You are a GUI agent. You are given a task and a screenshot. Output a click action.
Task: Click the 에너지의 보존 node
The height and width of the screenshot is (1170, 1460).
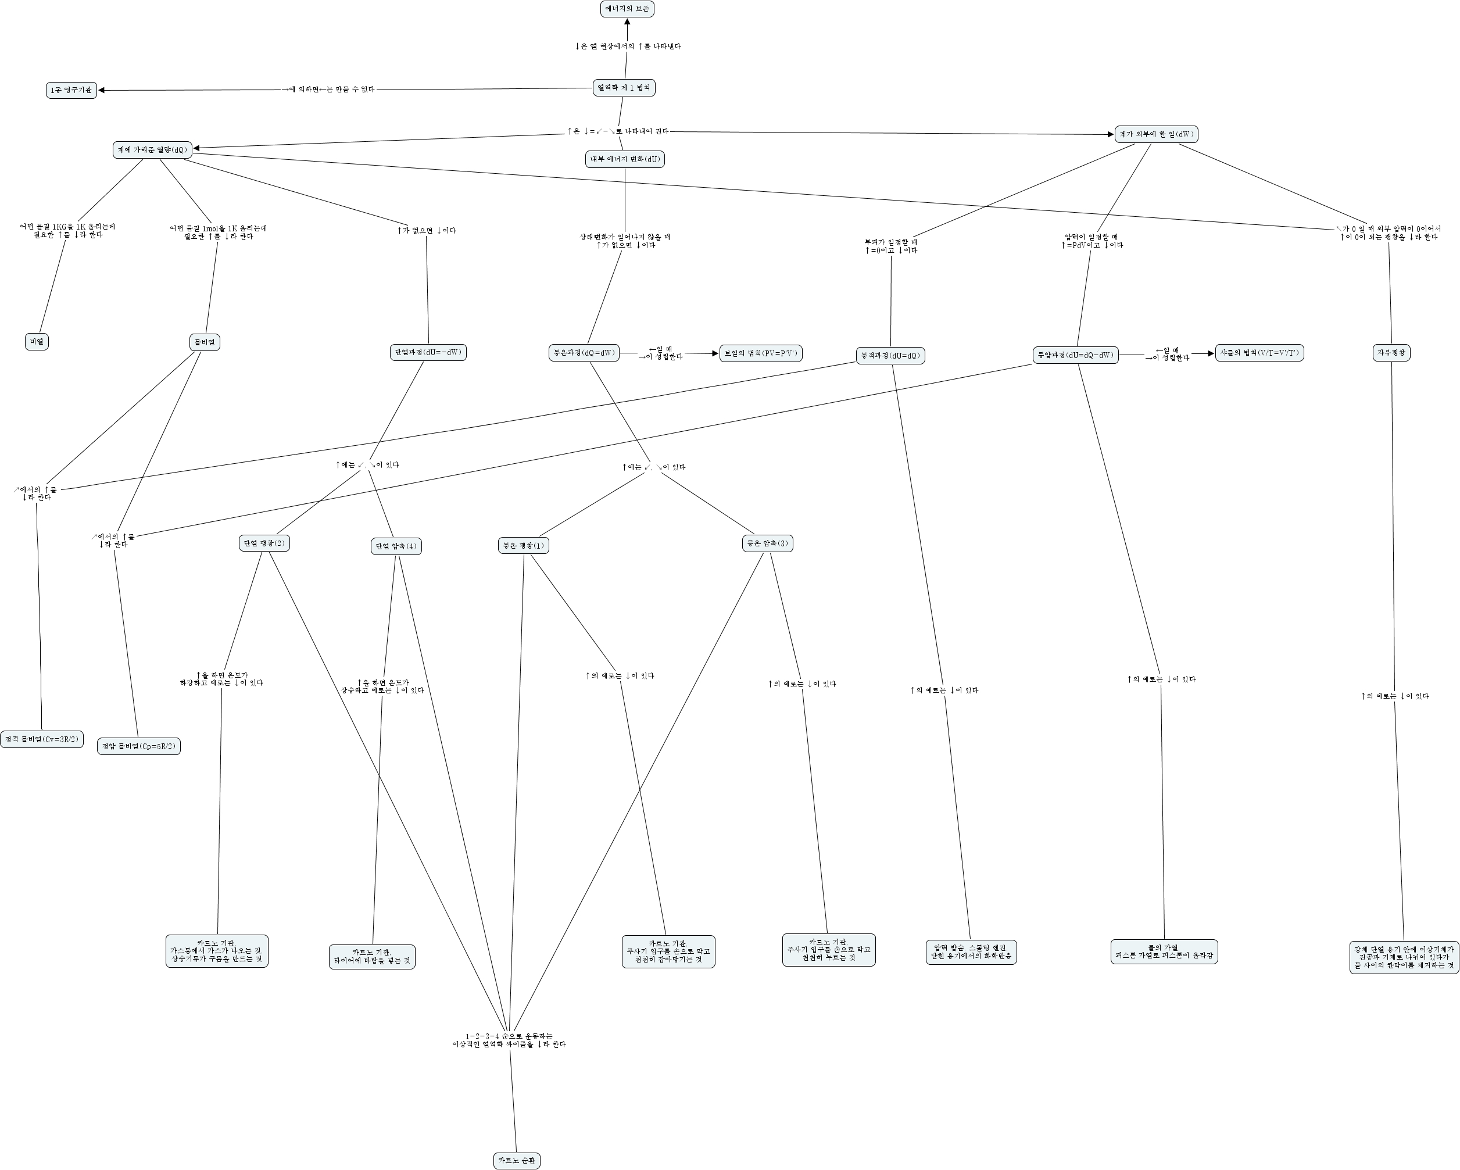[627, 9]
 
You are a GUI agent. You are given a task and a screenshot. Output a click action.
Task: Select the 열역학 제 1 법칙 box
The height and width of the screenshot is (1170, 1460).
[624, 88]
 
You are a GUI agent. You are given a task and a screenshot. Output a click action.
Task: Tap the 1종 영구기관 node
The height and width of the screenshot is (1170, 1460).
[71, 90]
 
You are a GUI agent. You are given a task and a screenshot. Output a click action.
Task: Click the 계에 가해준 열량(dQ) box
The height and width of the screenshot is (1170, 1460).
[152, 149]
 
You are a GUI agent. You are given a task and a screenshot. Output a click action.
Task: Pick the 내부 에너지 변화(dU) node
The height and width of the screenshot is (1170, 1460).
[624, 159]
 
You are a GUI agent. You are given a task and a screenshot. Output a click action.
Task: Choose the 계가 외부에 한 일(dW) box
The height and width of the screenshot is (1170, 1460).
[1156, 134]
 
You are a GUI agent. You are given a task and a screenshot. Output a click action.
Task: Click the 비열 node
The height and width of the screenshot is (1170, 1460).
[37, 342]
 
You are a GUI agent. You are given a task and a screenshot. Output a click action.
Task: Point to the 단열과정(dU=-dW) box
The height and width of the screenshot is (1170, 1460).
[428, 352]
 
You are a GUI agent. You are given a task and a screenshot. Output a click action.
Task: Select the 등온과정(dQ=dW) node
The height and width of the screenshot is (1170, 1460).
[584, 353]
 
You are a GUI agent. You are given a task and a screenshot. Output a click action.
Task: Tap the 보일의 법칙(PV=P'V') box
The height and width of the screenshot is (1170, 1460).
[760, 353]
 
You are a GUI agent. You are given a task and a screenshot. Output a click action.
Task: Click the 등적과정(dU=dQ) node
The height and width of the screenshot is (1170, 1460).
[890, 356]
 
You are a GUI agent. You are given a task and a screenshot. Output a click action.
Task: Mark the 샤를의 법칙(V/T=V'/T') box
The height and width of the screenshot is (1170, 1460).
[1259, 353]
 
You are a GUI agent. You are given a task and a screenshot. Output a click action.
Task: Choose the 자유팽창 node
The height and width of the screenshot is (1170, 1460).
[1391, 353]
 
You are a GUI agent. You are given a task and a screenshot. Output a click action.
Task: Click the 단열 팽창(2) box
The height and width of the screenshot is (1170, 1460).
[264, 543]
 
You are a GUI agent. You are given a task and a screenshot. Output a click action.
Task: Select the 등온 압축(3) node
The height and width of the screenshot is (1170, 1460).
[767, 543]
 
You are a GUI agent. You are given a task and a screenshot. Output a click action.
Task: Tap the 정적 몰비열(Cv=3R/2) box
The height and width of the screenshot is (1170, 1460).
[41, 739]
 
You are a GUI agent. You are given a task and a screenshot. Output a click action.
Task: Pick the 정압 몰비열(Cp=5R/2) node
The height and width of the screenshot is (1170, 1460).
[139, 746]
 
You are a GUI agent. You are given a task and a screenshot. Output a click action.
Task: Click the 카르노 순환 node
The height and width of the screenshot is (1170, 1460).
[517, 1161]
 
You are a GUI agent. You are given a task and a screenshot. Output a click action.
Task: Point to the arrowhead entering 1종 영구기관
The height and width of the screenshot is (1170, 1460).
[102, 90]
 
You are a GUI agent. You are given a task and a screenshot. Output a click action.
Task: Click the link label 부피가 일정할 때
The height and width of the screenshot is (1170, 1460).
[890, 242]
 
